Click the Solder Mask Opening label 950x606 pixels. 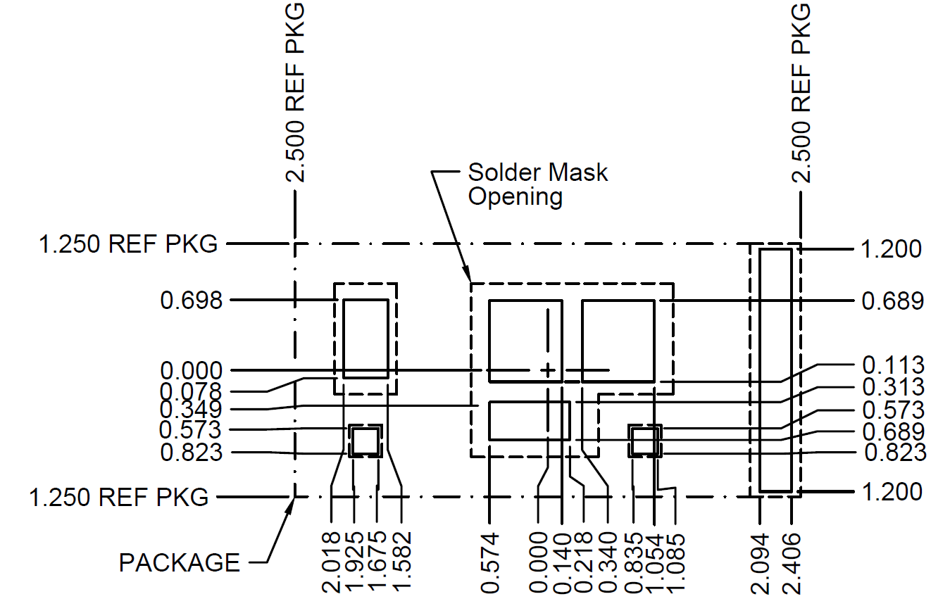pos(537,184)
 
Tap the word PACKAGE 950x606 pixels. pos(180,562)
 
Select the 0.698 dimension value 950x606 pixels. pos(191,301)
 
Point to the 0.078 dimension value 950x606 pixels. pos(191,391)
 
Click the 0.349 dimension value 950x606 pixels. pos(191,410)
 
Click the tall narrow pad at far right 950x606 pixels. pos(775,370)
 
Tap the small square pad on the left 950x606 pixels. pos(365,441)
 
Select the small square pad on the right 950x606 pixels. pos(645,441)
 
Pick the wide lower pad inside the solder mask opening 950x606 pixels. pos(529,421)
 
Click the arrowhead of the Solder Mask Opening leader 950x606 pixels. pos(468,277)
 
